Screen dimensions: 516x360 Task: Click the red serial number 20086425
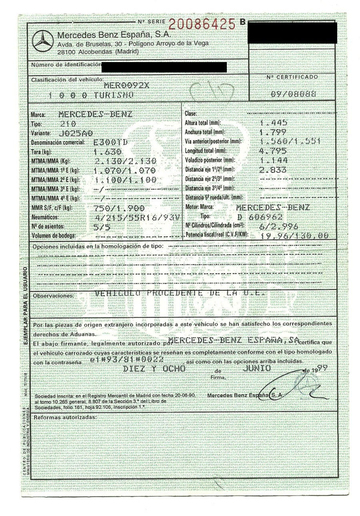pyautogui.click(x=202, y=24)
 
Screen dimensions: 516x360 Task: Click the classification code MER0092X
pyautogui.click(x=126, y=85)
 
